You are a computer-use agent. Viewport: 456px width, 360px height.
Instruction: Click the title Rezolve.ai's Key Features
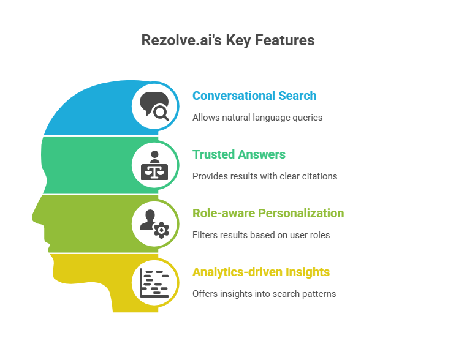[227, 41]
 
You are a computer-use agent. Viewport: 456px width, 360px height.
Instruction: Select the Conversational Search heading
[254, 96]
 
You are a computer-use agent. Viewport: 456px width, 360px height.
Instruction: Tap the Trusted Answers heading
[239, 154]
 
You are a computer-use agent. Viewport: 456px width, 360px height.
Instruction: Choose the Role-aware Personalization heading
[268, 213]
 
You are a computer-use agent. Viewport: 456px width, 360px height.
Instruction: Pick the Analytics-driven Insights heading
[261, 272]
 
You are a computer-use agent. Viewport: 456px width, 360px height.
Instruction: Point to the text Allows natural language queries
[257, 117]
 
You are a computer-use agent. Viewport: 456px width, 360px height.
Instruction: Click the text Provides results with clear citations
[265, 176]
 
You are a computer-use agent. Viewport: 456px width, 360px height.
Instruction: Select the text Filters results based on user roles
[261, 234]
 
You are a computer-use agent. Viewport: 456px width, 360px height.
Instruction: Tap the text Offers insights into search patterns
[264, 293]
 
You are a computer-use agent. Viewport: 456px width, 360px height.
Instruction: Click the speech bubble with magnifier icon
[154, 106]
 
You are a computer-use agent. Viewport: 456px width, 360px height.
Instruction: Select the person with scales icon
[154, 165]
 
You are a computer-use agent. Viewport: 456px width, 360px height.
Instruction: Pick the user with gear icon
[154, 223]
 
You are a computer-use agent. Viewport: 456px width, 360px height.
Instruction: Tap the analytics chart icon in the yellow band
[154, 282]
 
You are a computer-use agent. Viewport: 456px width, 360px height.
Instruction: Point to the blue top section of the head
[92, 113]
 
